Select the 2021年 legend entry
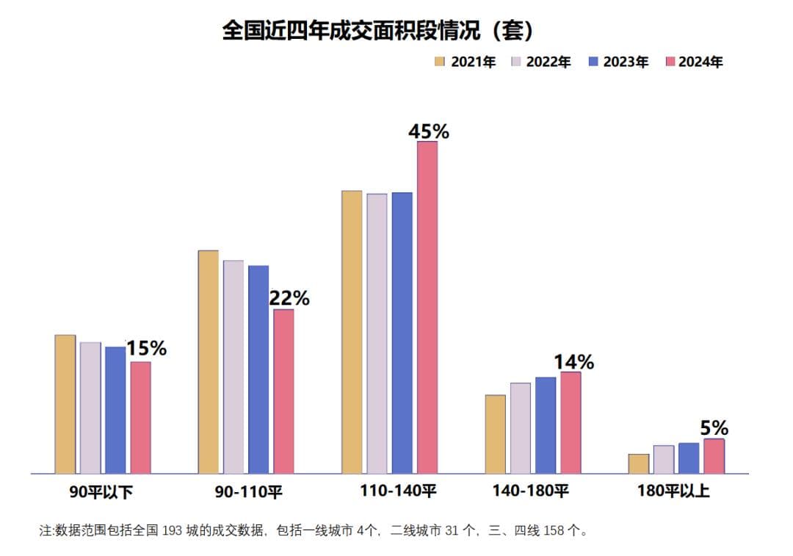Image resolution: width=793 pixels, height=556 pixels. pyautogui.click(x=466, y=62)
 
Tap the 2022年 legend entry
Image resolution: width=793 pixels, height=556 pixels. pyautogui.click(x=541, y=62)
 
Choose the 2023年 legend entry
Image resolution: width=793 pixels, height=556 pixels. pyautogui.click(x=618, y=62)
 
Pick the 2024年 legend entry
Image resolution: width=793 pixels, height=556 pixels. pyautogui.click(x=693, y=62)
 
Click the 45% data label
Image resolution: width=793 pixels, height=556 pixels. pyautogui.click(x=429, y=131)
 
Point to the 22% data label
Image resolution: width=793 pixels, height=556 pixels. pyautogui.click(x=289, y=299)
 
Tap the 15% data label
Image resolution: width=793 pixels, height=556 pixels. pyautogui.click(x=146, y=349)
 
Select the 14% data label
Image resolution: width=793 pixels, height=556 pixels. pyautogui.click(x=573, y=362)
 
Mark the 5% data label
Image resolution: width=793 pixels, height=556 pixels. pyautogui.click(x=714, y=428)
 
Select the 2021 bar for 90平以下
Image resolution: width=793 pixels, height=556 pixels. pyautogui.click(x=65, y=404)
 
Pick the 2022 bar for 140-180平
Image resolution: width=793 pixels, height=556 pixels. pyautogui.click(x=521, y=428)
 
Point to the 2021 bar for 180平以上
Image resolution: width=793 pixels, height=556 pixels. pyautogui.click(x=639, y=463)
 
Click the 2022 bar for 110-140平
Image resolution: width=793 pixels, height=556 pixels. pyautogui.click(x=377, y=333)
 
